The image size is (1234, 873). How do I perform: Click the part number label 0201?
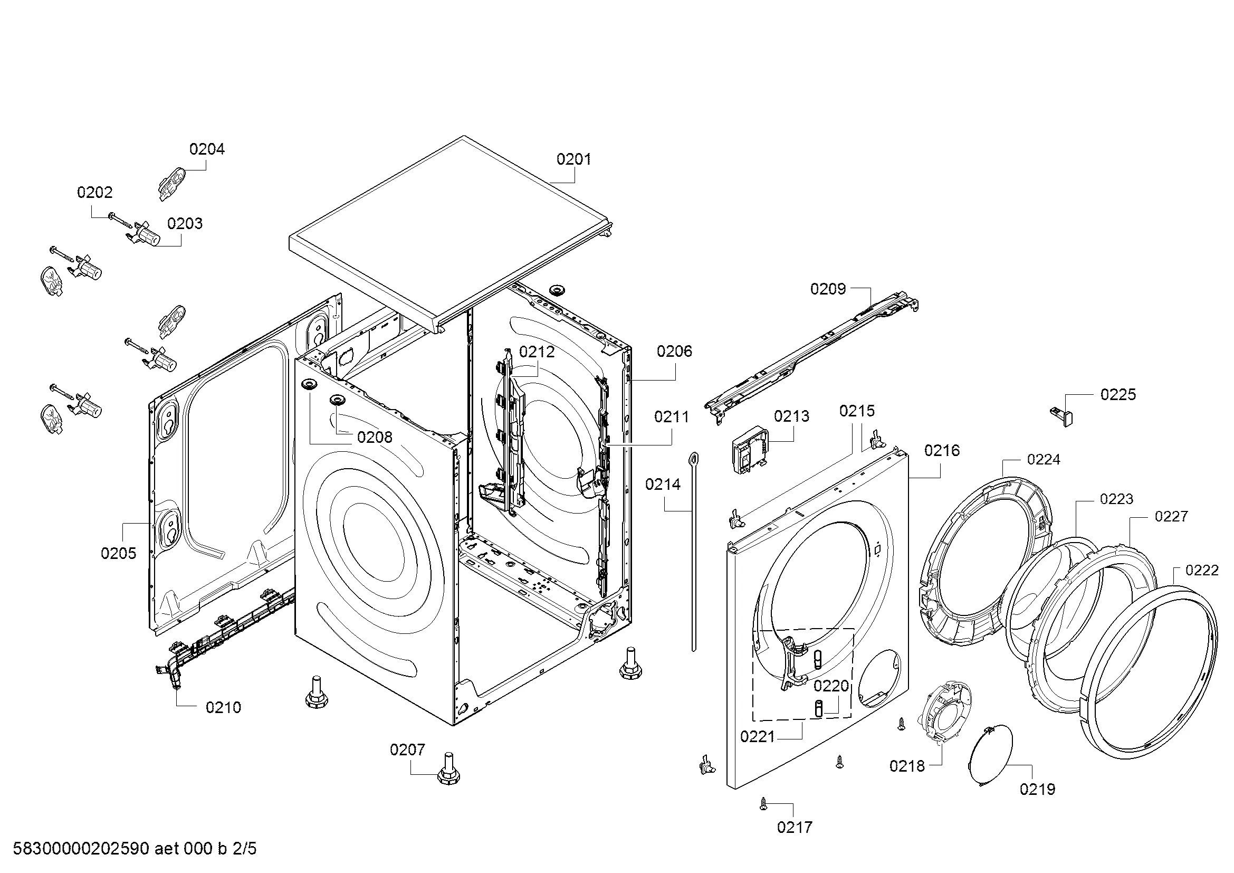(573, 159)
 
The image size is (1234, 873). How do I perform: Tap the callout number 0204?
(207, 149)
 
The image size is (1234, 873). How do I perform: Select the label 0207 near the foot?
(407, 749)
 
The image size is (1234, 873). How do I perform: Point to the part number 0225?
(1118, 395)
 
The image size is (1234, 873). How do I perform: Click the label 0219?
(1037, 789)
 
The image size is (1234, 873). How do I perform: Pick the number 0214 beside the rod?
(663, 485)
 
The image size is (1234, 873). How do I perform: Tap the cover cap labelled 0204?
(171, 183)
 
